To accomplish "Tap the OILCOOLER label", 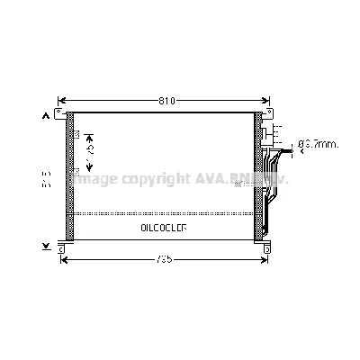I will (x=164, y=229).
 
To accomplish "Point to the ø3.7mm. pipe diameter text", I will (x=317, y=143).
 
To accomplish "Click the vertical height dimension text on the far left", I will (x=44, y=181).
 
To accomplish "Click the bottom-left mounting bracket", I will (x=62, y=243).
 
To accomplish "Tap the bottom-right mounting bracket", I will (x=265, y=243).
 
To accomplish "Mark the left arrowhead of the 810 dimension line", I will (x=60, y=99).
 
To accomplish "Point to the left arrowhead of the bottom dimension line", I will (x=61, y=259).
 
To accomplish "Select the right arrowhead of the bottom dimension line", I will (x=266, y=259).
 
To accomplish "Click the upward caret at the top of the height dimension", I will (x=45, y=115).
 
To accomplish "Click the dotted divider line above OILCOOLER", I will (x=164, y=213).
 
